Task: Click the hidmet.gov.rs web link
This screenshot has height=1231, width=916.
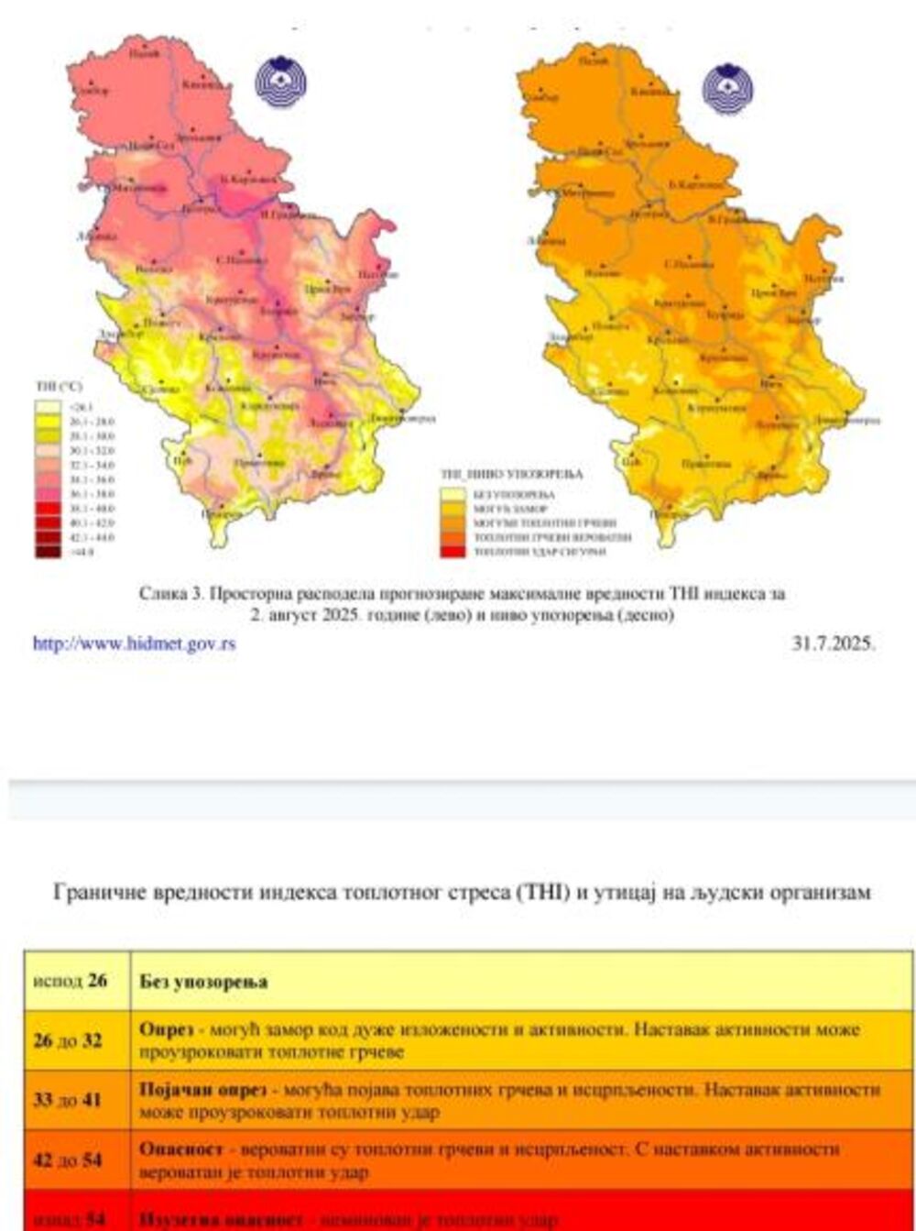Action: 134,644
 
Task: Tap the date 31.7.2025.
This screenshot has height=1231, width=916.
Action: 834,643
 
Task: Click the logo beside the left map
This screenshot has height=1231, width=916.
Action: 280,82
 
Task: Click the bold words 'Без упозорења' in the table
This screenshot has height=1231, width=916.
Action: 203,982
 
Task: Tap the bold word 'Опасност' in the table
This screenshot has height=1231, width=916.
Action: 179,1149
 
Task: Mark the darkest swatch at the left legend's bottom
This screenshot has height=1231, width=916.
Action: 48,552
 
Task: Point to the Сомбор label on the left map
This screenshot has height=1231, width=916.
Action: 93,90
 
